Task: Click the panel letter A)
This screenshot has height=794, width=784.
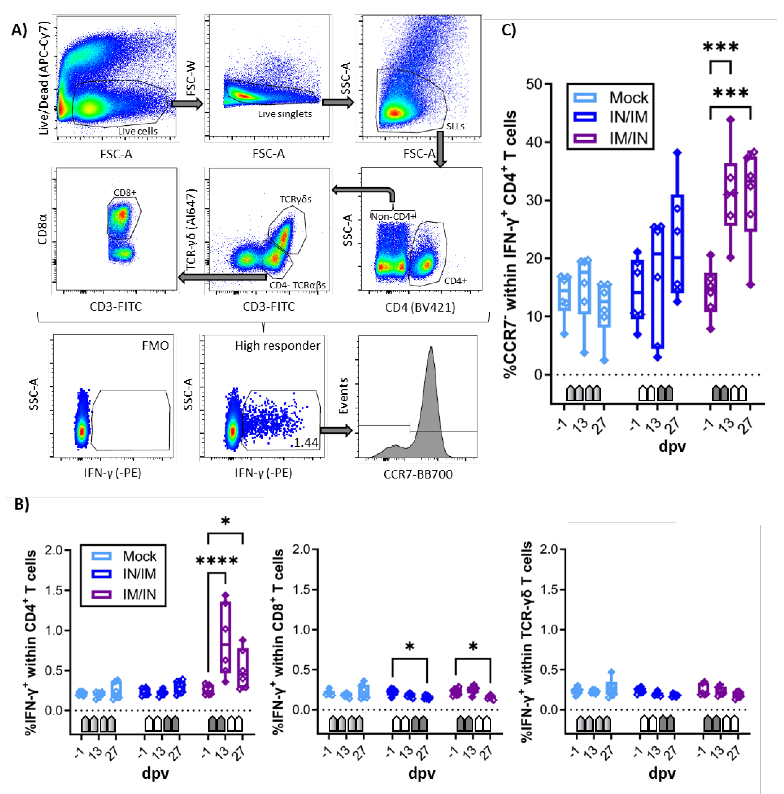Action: coord(19,30)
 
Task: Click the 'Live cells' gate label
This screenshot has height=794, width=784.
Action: coord(138,131)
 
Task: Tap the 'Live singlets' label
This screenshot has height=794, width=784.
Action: coord(285,114)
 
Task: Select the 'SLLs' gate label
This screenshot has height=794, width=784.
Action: coord(455,126)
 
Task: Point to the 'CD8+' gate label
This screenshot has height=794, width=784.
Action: coord(125,192)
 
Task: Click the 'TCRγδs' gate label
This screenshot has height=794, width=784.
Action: coord(295,199)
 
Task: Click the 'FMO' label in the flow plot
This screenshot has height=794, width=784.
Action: coord(155,346)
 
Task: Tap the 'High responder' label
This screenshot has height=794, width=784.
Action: coord(277,346)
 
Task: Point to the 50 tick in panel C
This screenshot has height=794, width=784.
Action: coord(534,84)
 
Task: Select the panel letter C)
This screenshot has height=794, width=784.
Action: coord(509,30)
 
